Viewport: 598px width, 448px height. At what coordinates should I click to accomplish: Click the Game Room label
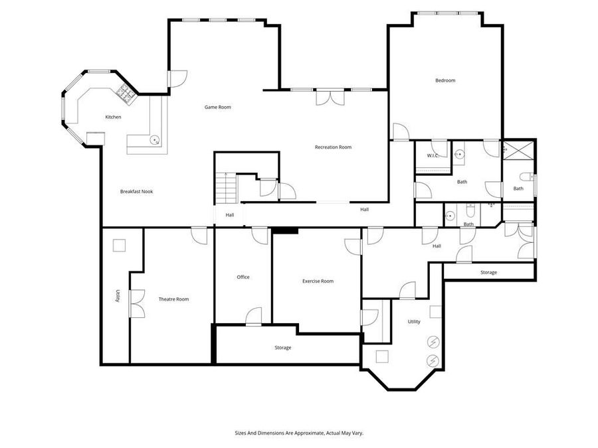(218, 107)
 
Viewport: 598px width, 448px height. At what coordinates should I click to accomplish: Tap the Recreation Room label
(333, 147)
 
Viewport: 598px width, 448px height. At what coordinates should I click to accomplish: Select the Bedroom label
(445, 80)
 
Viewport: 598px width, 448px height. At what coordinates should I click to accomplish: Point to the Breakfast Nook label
(136, 192)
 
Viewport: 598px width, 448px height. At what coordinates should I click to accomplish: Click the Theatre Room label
(173, 299)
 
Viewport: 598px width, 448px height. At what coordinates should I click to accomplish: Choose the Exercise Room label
(318, 281)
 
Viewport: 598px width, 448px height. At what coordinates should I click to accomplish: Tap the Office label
(243, 277)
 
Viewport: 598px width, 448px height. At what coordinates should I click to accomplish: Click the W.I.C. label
(432, 155)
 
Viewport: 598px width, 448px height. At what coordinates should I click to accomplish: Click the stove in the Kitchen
(126, 94)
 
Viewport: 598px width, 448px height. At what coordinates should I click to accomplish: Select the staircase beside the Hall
(227, 188)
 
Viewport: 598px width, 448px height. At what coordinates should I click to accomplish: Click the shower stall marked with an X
(518, 151)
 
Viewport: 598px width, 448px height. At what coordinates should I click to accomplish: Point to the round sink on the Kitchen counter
(154, 140)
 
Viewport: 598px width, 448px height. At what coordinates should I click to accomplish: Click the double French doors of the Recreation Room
(330, 98)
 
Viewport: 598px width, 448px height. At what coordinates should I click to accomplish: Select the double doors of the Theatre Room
(137, 303)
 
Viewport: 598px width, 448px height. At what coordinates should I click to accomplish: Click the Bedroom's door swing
(401, 132)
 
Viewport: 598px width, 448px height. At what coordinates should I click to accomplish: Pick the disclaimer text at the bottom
(299, 433)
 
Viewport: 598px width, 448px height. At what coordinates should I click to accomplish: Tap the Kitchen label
(113, 117)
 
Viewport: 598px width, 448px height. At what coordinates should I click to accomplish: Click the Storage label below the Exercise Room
(282, 347)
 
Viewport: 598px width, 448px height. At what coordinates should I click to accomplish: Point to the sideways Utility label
(118, 296)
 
